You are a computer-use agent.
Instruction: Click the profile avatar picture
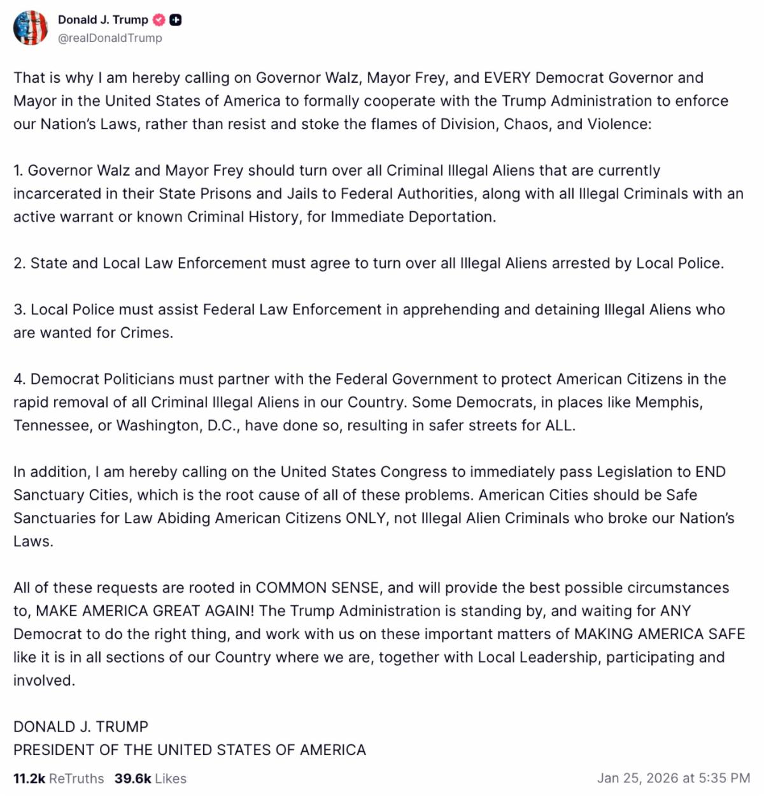30,28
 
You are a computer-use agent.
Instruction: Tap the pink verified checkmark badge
159,20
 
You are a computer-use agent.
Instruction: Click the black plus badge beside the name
176,20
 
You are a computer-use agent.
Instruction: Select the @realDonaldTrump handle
110,38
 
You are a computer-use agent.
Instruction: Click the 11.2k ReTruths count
58,778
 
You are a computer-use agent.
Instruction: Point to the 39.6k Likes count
150,778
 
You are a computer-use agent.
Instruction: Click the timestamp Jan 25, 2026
673,778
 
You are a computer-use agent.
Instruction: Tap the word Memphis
668,402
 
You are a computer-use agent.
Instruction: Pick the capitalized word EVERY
507,78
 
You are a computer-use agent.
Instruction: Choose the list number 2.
19,263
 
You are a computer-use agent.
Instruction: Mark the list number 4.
19,379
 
